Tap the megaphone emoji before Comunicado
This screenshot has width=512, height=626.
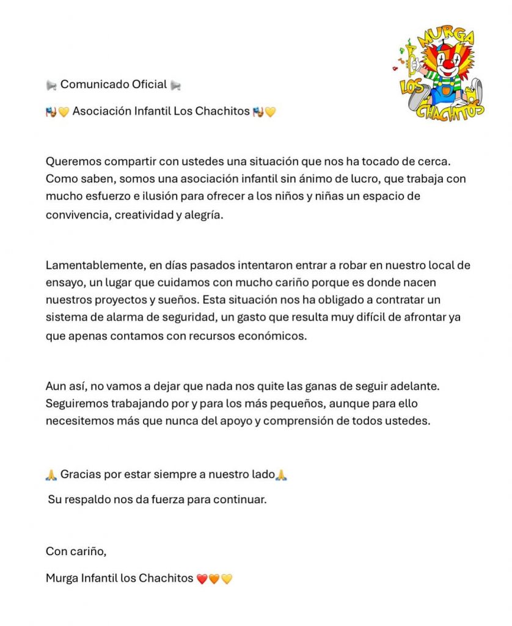coord(51,85)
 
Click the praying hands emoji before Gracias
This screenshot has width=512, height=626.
coord(51,475)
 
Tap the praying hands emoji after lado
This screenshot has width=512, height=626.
coord(281,475)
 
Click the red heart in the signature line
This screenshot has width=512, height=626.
coord(202,578)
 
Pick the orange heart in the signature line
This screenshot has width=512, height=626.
coord(214,578)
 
